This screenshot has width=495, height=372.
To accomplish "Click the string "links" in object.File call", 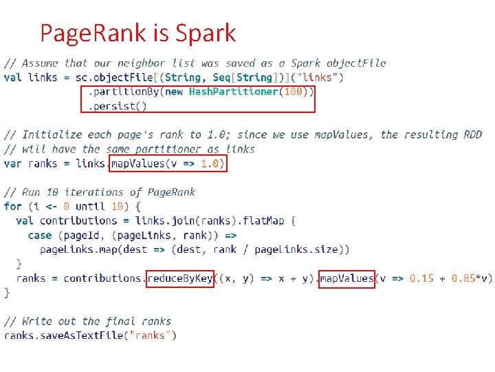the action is tap(321, 77).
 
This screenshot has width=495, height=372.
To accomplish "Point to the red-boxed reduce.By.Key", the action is tap(180, 278).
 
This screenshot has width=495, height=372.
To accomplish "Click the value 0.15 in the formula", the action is tap(421, 278).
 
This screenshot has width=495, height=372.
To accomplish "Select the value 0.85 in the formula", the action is tap(465, 278).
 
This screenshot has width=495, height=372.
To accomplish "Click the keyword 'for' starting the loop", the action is tap(12, 207).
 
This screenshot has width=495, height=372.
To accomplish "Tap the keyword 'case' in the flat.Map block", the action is tap(40, 235).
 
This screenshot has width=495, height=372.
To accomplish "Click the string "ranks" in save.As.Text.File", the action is tap(151, 335).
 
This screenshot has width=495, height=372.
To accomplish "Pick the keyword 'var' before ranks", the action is tap(12, 164).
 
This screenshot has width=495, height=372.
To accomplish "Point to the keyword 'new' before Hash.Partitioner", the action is tap(175, 92).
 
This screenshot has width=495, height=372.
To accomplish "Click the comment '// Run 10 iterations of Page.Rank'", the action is tap(100, 192).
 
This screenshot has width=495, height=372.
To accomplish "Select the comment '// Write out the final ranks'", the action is tap(88, 321).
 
